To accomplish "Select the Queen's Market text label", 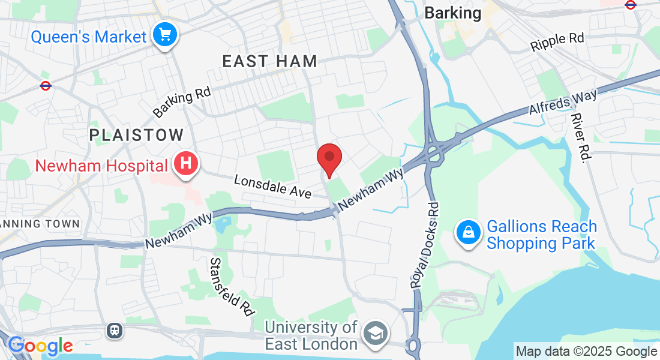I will pyautogui.click(x=88, y=37).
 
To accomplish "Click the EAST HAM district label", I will pyautogui.click(x=269, y=61).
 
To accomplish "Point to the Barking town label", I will pyautogui.click(x=452, y=13).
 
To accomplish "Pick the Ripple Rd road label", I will pyautogui.click(x=557, y=41).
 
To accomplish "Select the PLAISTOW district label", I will pyautogui.click(x=136, y=135).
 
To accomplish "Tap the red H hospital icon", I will pyautogui.click(x=186, y=163).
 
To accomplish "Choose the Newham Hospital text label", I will pyautogui.click(x=100, y=165).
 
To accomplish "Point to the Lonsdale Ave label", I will pyautogui.click(x=273, y=187).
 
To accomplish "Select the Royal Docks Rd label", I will pyautogui.click(x=426, y=245).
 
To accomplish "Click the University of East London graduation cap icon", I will pyautogui.click(x=378, y=334).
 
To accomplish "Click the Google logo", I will pyautogui.click(x=40, y=346).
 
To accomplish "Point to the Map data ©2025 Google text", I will pyautogui.click(x=587, y=352).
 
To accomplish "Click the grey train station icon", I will pyautogui.click(x=114, y=330).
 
